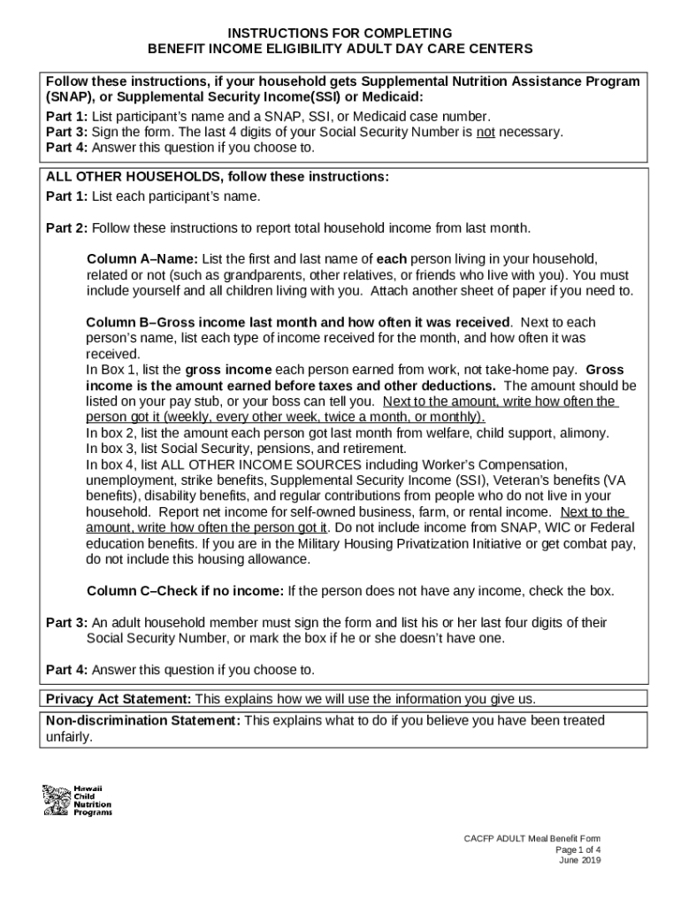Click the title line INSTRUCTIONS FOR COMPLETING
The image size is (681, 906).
[x=340, y=33]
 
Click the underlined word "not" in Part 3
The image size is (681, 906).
[x=486, y=132]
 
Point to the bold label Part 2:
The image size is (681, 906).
[x=66, y=227]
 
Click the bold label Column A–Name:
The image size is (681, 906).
[x=143, y=259]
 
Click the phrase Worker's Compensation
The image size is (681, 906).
[x=496, y=465]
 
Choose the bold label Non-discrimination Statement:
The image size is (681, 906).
[x=142, y=720]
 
